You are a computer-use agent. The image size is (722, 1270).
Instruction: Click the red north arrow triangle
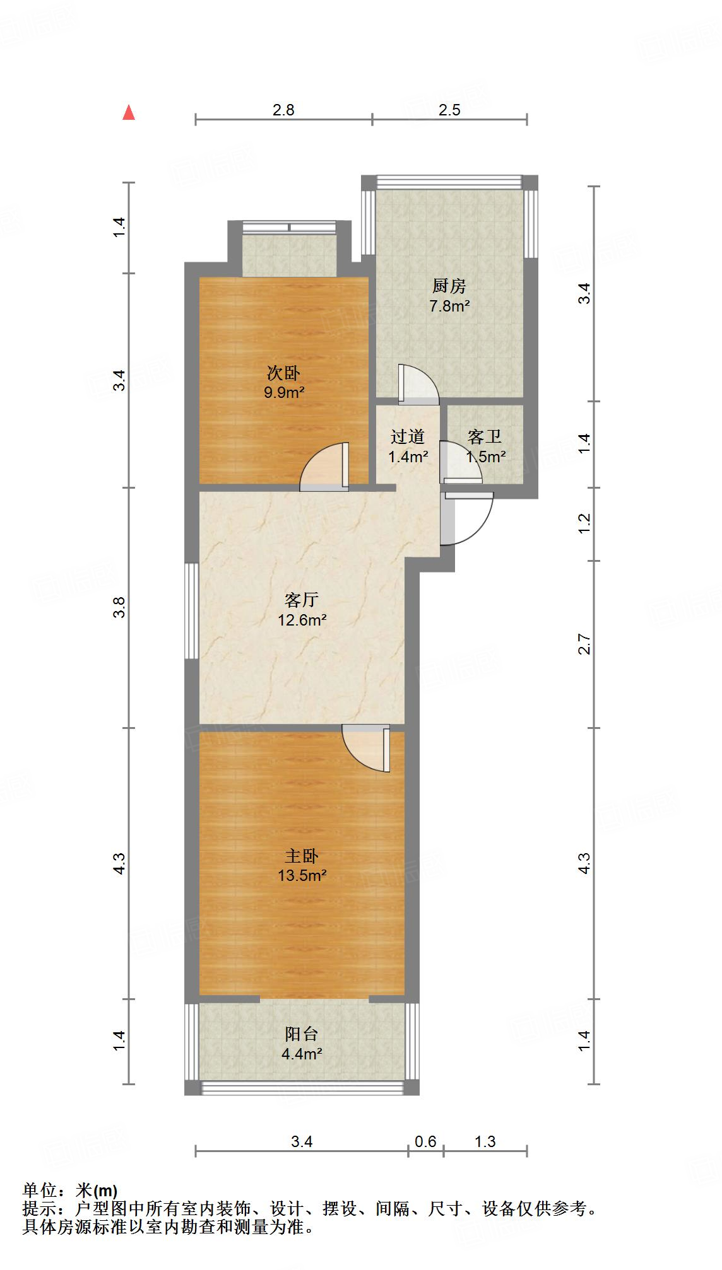[x=129, y=112]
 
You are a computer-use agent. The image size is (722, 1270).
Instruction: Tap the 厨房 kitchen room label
[x=449, y=286]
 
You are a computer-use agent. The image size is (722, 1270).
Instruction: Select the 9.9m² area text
[x=284, y=393]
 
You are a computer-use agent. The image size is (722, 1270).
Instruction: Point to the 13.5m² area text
[x=302, y=875]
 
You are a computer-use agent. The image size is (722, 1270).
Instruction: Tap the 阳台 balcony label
[x=302, y=1034]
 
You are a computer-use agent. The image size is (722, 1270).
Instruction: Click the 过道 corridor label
[x=408, y=436]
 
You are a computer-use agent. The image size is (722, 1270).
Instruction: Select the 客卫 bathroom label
[x=485, y=436]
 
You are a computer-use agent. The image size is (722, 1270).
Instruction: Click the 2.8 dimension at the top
[x=283, y=110]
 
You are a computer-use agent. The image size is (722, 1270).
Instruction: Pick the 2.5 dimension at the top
[x=449, y=110]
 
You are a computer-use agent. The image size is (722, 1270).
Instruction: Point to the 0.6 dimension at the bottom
[x=425, y=1141]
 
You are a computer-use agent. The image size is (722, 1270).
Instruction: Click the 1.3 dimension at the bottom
[x=485, y=1141]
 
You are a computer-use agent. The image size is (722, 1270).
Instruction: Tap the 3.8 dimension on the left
[x=120, y=607]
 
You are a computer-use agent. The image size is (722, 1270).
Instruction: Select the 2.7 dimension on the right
[x=584, y=644]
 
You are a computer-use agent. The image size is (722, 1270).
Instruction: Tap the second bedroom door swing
[x=324, y=467]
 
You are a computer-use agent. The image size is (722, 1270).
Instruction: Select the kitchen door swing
[x=418, y=384]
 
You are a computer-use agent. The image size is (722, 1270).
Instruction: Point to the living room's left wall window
[x=192, y=610]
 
